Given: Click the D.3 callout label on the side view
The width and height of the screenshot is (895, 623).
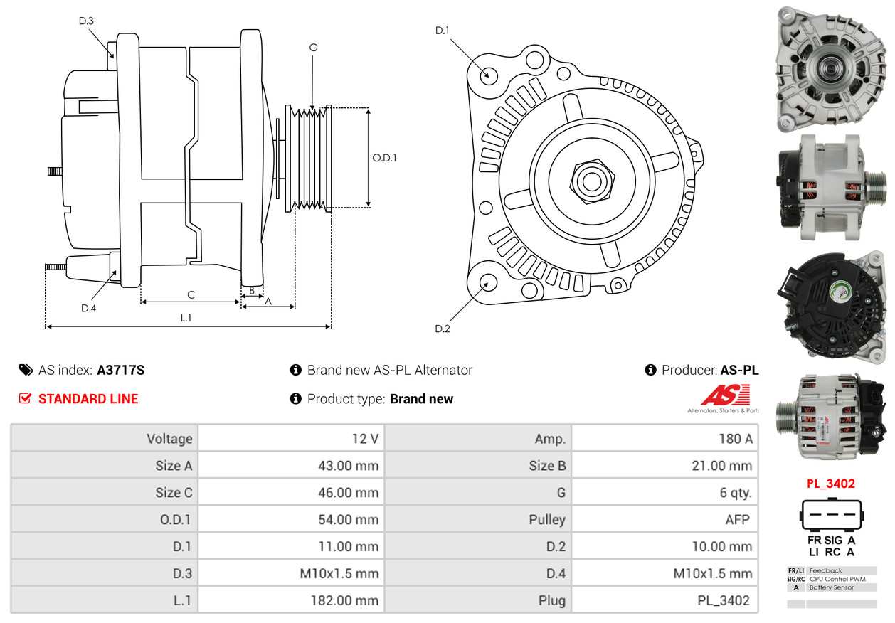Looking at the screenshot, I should click(86, 21).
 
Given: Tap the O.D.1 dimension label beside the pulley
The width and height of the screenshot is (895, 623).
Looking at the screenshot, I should click(384, 158).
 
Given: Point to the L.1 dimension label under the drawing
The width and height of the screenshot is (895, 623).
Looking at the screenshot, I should click(186, 318).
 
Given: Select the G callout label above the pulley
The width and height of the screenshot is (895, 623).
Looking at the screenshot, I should click(313, 48).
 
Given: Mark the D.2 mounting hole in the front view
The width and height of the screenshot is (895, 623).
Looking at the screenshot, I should click(488, 282).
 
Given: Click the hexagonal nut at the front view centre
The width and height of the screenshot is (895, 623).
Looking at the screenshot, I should click(590, 180).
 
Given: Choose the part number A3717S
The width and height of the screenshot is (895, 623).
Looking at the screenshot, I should click(121, 370).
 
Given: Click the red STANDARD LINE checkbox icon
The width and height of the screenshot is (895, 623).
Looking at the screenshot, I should click(26, 398).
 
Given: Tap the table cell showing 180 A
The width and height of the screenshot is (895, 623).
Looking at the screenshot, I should click(664, 439).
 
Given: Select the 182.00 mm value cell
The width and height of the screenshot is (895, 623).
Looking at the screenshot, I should click(291, 601).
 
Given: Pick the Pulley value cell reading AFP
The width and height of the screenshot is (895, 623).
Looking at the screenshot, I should click(664, 520).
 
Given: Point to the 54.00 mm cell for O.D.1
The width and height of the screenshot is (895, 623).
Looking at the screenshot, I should click(291, 520).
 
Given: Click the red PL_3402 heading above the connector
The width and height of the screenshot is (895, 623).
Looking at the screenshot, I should click(830, 484).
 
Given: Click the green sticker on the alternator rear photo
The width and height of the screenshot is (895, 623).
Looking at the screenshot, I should click(840, 292).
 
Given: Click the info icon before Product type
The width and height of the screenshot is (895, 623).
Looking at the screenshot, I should click(296, 398).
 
